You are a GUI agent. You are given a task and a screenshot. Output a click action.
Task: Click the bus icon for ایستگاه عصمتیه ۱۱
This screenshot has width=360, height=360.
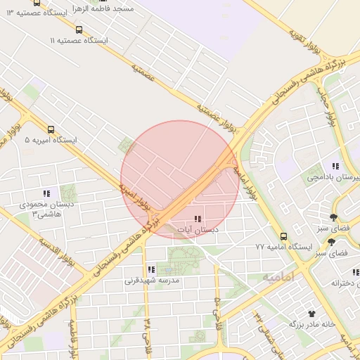[x=79, y=30]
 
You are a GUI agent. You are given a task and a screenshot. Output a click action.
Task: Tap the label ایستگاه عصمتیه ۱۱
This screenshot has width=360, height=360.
[x=79, y=41]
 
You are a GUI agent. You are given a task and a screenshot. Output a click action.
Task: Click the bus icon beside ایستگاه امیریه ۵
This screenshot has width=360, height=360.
[x=51, y=129]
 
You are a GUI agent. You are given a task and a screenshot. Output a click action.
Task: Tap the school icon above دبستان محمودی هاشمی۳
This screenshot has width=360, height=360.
[x=46, y=193]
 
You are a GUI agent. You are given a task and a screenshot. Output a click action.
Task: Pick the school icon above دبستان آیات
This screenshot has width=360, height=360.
[x=197, y=219]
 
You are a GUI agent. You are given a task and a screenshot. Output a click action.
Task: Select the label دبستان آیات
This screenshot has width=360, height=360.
[x=197, y=230]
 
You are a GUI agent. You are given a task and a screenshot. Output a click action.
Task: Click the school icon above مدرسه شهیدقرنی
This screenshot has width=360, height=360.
[x=151, y=269]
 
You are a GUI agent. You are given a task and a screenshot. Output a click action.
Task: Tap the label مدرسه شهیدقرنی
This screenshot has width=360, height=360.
[x=153, y=281]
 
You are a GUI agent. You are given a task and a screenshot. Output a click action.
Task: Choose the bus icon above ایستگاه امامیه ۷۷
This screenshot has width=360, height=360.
[x=283, y=237]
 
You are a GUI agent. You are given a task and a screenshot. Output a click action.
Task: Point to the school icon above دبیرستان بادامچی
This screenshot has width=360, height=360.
[x=335, y=167]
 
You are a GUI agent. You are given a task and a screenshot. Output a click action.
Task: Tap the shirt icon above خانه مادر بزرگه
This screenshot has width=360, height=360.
[x=311, y=313]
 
